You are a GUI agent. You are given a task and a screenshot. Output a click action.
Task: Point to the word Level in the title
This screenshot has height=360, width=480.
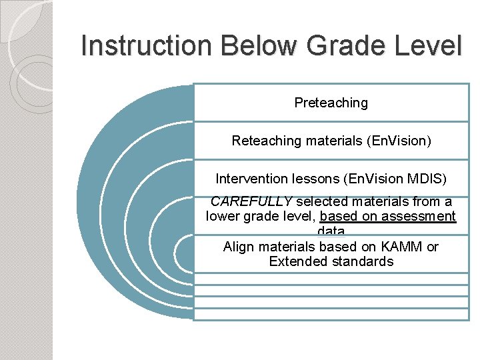coord(431,46)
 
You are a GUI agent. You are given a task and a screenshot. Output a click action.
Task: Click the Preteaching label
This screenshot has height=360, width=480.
coord(331,103)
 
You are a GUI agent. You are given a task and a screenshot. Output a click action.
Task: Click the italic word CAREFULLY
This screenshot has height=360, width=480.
coord(251,201)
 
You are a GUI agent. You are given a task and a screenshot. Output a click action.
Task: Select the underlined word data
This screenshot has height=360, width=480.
coord(331,231)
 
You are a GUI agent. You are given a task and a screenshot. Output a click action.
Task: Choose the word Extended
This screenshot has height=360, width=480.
coord(295,261)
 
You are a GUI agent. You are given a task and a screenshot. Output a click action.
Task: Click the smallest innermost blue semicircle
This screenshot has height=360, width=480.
coord(184,253)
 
